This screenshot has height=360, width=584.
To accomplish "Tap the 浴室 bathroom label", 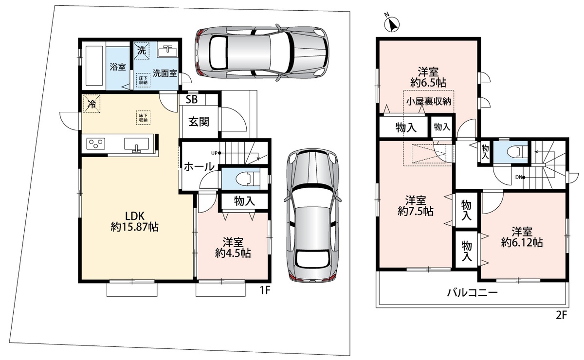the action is click(118, 67).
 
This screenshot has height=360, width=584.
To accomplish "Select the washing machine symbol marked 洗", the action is click(142, 50).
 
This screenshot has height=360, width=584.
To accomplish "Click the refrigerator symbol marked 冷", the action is click(92, 104).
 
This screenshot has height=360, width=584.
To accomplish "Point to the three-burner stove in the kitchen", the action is click(96, 144).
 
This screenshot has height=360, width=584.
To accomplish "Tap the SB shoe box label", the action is click(192, 99).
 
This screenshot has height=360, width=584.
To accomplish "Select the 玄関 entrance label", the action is click(199, 122).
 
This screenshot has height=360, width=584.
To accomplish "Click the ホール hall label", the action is click(199, 166).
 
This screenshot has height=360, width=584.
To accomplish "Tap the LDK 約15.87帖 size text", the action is click(134, 221).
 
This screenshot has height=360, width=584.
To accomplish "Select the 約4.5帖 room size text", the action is click(233, 253).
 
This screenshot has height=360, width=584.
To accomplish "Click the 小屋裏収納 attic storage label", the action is click(429, 101).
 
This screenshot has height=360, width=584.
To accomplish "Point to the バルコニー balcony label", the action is click(473, 293).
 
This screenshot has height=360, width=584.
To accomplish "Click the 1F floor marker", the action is click(265, 290).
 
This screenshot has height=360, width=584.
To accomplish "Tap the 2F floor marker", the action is click(562, 315).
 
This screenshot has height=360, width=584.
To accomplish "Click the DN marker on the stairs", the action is click(519, 177).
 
